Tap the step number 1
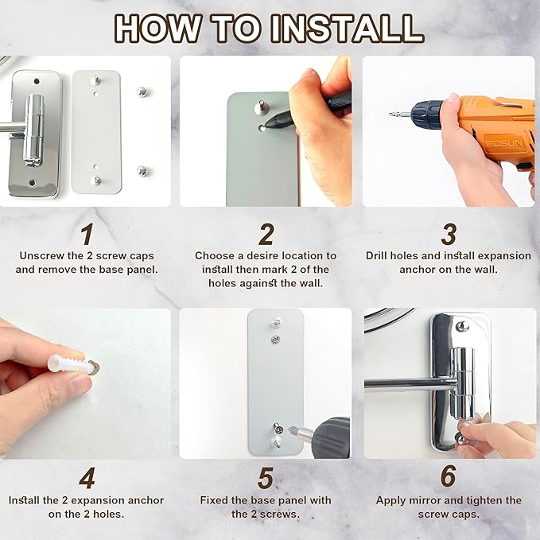[87, 234]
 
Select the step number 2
[266, 234]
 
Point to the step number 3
[449, 234]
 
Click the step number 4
[87, 478]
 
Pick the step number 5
[266, 478]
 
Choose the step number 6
[449, 476]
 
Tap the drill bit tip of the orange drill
[391, 114]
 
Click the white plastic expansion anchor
[68, 364]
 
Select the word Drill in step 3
[377, 255]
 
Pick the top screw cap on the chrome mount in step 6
[462, 326]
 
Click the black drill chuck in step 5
[331, 437]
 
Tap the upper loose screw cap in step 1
[142, 92]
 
